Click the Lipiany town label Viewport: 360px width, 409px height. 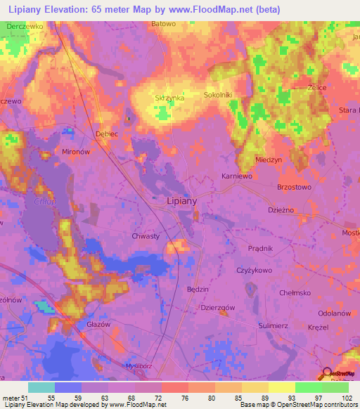click(x=181, y=200)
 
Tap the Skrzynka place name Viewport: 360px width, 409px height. click(x=169, y=98)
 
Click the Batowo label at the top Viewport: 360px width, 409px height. click(x=163, y=23)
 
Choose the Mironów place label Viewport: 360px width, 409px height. click(x=78, y=151)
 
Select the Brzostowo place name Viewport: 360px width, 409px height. click(x=294, y=188)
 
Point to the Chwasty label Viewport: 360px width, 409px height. click(x=146, y=236)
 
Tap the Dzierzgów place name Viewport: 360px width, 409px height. click(x=217, y=306)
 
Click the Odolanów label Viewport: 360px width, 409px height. click(x=334, y=313)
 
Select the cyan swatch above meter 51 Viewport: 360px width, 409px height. click(x=41, y=387)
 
